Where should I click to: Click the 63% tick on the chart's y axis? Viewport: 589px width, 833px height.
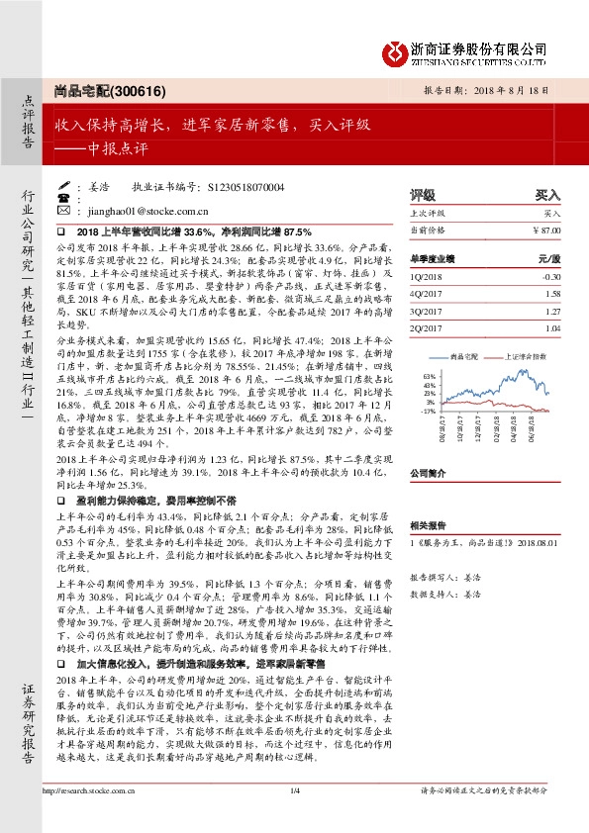point(428,377)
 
